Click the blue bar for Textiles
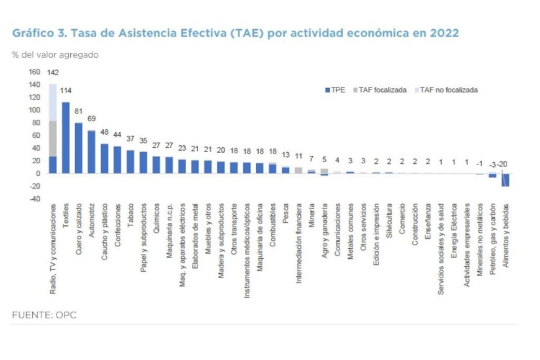pyautogui.click(x=66, y=137)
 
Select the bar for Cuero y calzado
pyautogui.click(x=79, y=148)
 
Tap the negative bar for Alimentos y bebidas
pyautogui.click(x=505, y=179)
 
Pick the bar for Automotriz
pyautogui.click(x=92, y=151)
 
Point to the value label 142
pyautogui.click(x=53, y=72)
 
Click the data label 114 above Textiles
pyautogui.click(x=66, y=90)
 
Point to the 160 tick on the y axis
pyautogui.click(x=35, y=72)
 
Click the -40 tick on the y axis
pyautogui.click(x=35, y=199)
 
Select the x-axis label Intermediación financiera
pyautogui.click(x=299, y=243)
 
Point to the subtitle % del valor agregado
pyautogui.click(x=55, y=55)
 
